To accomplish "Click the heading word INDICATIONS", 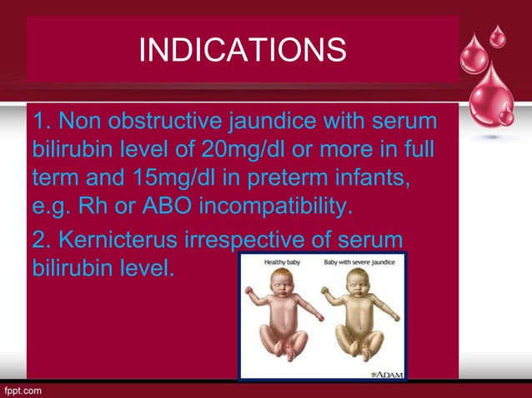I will point(242,50).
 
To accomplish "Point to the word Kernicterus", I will point(121,242).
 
